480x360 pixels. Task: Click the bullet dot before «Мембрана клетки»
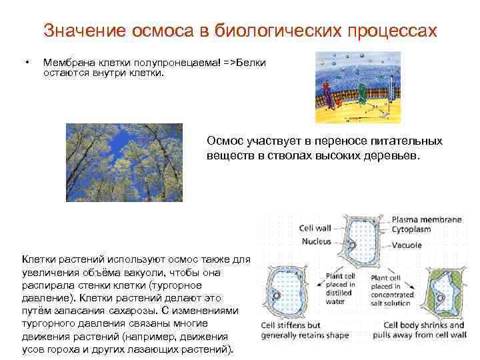point(26,63)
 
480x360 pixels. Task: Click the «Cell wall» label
point(317,227)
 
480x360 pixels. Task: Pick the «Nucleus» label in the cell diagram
point(317,241)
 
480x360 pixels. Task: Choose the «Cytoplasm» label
point(411,229)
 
